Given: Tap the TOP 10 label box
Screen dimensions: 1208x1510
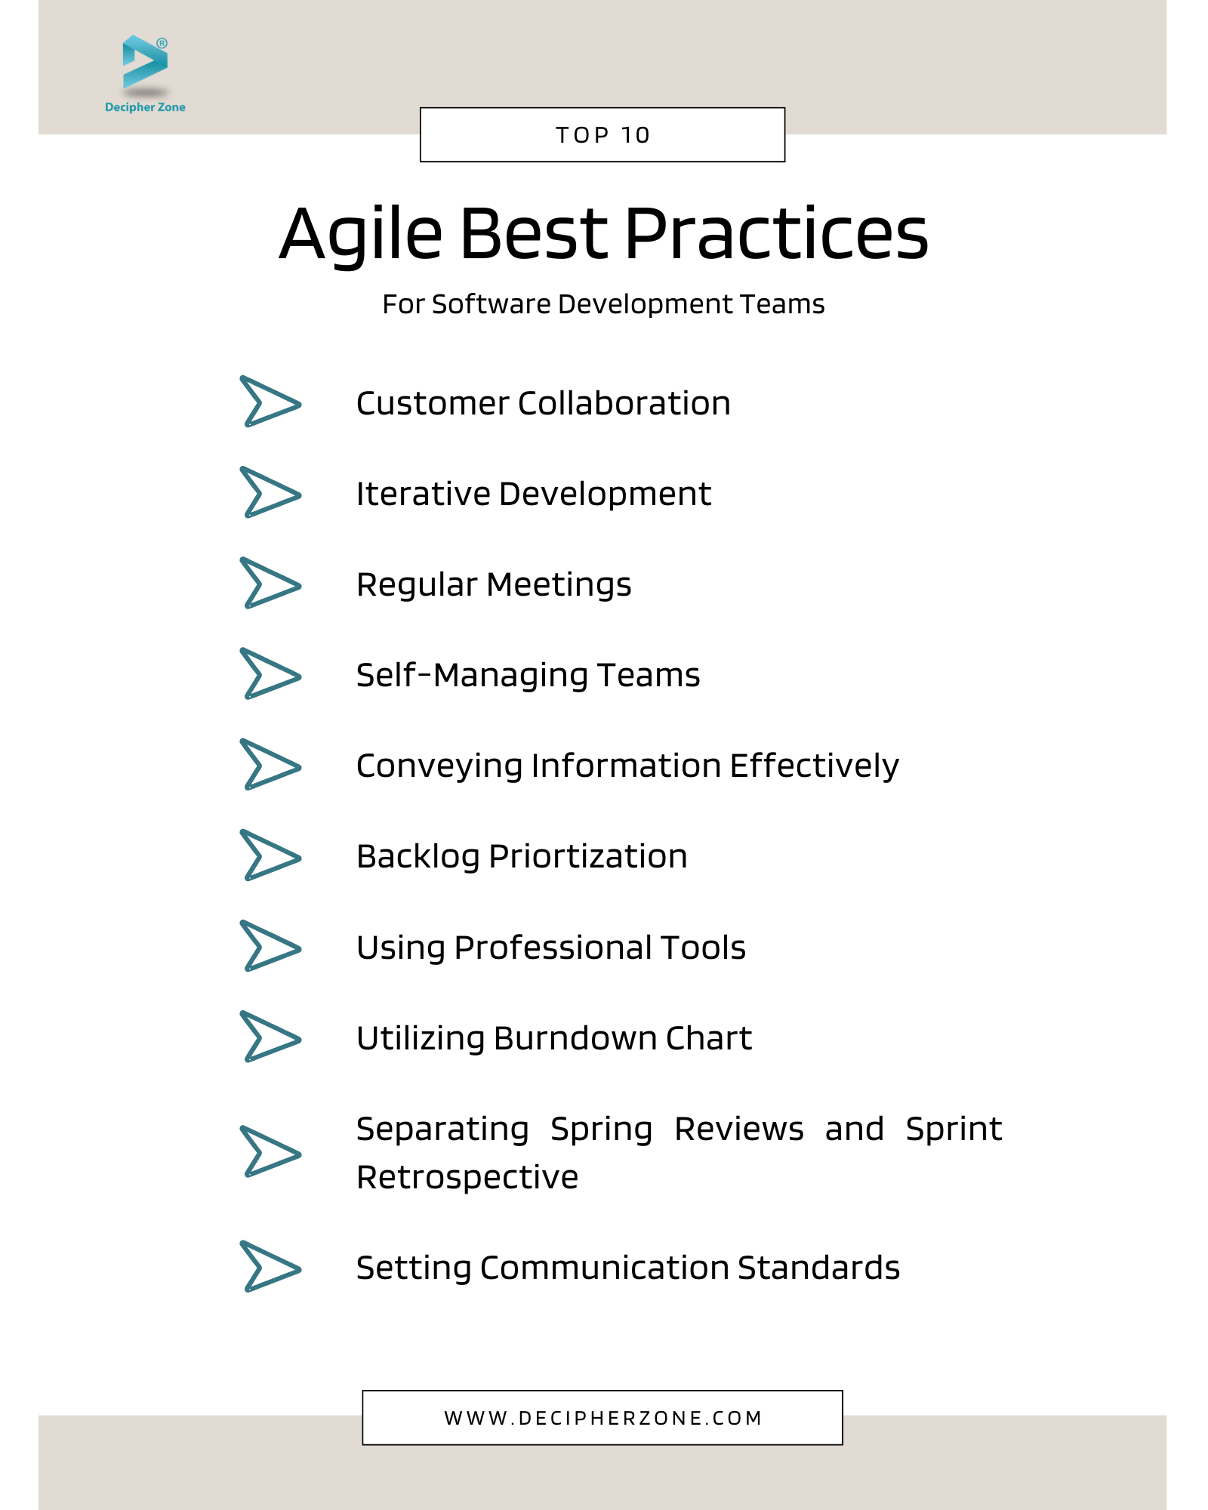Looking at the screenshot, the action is point(602,134).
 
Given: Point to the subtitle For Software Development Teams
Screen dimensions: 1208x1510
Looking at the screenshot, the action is point(603,304).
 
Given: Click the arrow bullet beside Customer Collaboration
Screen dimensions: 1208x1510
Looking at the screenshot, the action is point(270,401).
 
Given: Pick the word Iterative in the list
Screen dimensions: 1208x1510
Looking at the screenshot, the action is point(423,494).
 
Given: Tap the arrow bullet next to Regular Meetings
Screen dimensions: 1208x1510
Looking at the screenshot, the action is point(270,582).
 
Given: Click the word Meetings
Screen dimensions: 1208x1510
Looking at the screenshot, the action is point(559,586).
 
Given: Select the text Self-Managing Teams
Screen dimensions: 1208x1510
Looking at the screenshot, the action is point(528,676).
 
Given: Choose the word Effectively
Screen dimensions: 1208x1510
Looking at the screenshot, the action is point(814,766).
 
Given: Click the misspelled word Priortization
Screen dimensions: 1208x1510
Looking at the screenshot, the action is point(588,857).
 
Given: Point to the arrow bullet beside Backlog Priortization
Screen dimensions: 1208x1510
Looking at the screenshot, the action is point(270,855).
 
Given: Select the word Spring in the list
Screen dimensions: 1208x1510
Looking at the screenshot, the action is point(601,1130).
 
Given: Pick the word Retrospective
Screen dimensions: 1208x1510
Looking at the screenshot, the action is point(467,1178).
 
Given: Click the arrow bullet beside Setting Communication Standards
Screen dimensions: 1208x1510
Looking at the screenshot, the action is point(270,1266).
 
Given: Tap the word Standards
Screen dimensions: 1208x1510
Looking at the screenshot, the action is point(818,1268).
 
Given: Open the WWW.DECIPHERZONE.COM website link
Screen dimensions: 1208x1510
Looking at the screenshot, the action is point(602,1418).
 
